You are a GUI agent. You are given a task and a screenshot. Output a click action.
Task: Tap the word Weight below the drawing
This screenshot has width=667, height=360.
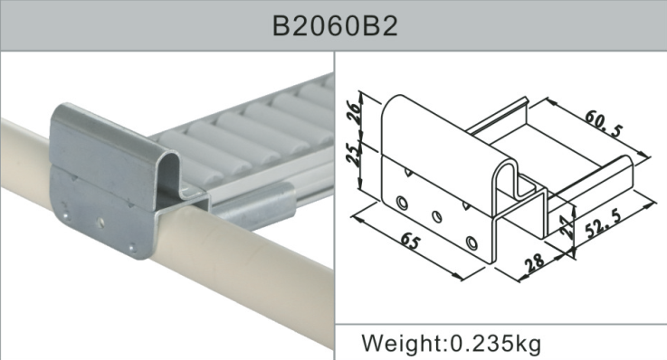pos(399,344)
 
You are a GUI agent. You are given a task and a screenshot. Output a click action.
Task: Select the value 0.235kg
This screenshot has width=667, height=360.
pos(493,344)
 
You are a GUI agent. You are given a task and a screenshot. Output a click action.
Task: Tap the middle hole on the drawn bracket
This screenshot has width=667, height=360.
pos(437,216)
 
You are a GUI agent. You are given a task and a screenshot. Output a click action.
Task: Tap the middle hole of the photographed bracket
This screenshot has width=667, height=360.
pos(102,219)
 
